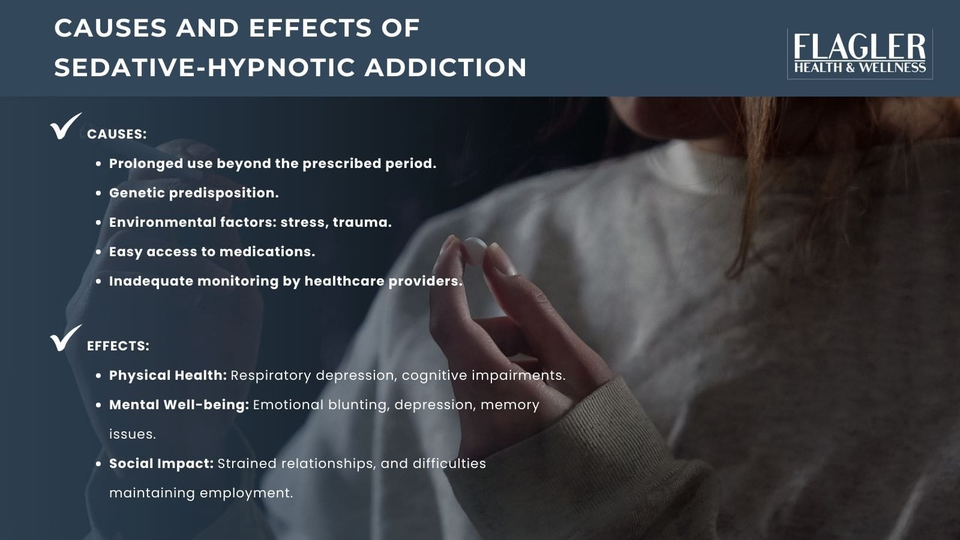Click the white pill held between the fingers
tap(475, 248)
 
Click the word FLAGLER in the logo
tap(859, 47)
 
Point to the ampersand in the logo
tap(850, 68)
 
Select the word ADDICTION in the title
tap(445, 67)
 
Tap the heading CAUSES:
tap(116, 134)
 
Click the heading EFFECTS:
tap(118, 346)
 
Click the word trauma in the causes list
tap(362, 222)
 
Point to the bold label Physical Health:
tap(167, 375)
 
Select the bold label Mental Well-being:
tap(179, 404)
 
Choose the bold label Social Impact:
tap(161, 463)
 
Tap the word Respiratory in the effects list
tap(271, 375)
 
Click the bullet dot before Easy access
tap(98, 252)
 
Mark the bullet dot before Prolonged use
tap(98, 164)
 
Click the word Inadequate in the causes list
tap(151, 281)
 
